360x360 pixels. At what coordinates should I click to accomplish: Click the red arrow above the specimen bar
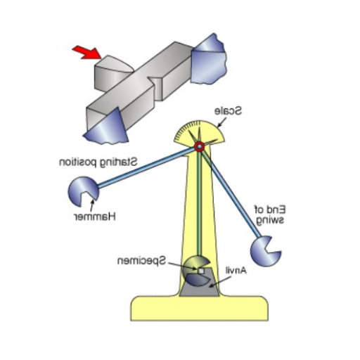click(87, 53)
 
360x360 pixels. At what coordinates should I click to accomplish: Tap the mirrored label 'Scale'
click(229, 111)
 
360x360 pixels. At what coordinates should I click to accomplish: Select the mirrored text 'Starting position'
click(98, 162)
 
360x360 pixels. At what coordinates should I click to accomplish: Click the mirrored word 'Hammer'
click(95, 217)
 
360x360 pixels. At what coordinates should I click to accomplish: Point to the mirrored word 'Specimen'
click(142, 261)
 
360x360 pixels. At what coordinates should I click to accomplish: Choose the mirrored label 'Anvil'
click(236, 271)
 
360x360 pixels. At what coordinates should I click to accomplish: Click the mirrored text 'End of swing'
click(270, 215)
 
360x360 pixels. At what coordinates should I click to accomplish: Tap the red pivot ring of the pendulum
click(199, 147)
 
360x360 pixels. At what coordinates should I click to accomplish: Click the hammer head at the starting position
click(83, 191)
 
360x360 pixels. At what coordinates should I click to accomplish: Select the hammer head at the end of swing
click(264, 252)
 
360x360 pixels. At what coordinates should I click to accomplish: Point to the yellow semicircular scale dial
click(199, 132)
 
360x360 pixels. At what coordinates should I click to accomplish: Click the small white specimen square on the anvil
click(201, 271)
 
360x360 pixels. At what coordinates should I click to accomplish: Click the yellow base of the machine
click(199, 308)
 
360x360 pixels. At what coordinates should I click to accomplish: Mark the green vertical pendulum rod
click(199, 202)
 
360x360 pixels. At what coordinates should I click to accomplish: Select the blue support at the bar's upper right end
click(208, 60)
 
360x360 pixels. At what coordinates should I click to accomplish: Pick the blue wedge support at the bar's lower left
click(107, 128)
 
